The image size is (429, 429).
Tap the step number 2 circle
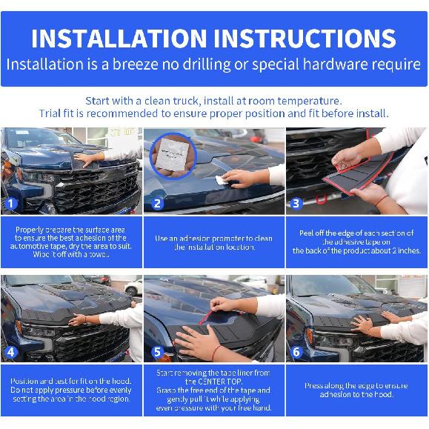[x=156, y=204]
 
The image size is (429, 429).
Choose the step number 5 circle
[x=156, y=352]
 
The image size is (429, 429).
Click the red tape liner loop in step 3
[x=324, y=199]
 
